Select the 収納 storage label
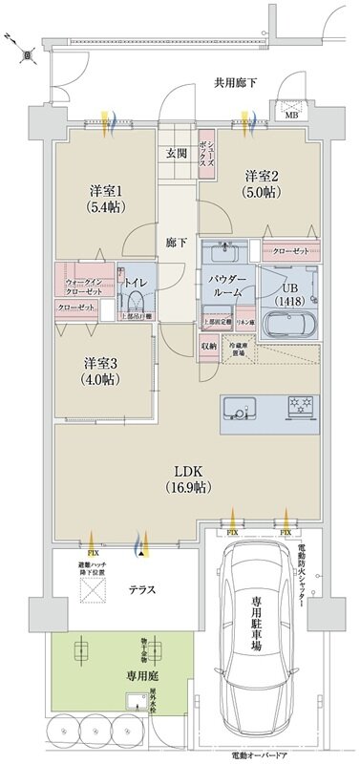[209, 346]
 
